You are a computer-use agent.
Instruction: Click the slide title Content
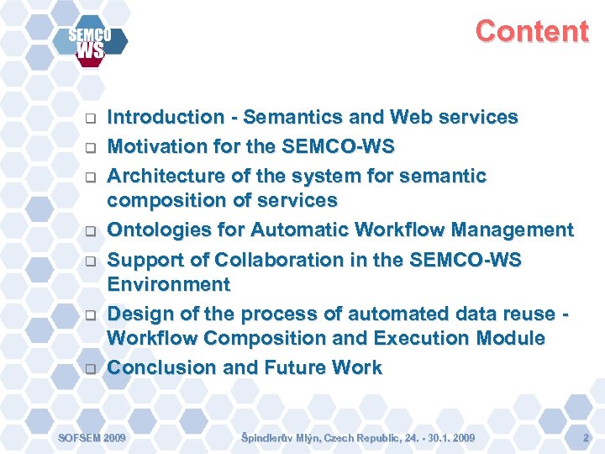pos(532,31)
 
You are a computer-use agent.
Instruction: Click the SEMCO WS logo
pos(90,43)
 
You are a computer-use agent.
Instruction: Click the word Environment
pos(168,284)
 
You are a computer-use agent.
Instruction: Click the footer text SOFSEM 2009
pos(91,438)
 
